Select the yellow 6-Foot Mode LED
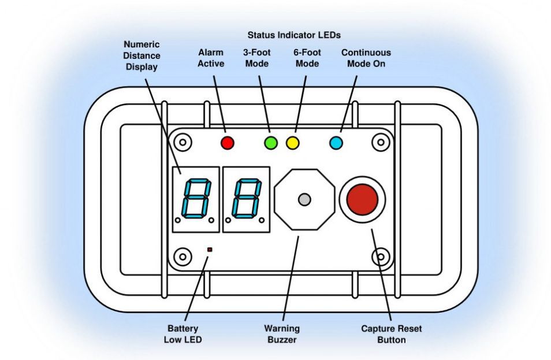[293, 142]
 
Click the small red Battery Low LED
[210, 250]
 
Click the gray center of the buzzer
[304, 200]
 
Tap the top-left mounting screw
[183, 142]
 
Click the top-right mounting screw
[379, 142]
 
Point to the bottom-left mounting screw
[183, 255]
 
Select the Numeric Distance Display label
[142, 55]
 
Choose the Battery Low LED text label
[183, 334]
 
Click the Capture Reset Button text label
[392, 334]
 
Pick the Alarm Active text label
[211, 58]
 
